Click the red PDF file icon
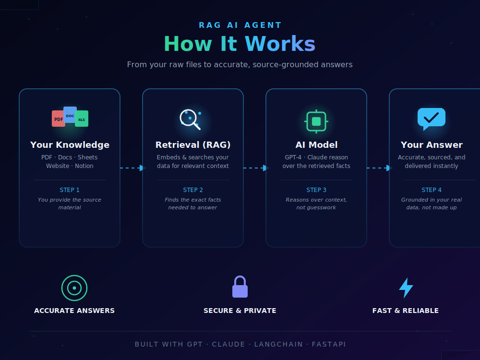pos(58,119)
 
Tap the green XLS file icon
pos(82,119)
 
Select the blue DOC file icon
pos(70,115)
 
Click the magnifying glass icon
pos(191,120)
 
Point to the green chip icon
pos(316,121)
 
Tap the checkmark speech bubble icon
pos(432,119)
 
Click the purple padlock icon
pos(240,287)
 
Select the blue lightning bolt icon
pos(406,288)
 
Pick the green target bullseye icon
pos(74,288)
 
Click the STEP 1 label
pos(70,190)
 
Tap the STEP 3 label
pos(316,190)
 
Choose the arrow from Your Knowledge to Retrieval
pos(132,168)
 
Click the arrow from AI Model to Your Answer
pos(379,168)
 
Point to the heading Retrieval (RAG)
pos(193,145)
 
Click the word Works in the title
pos(280,44)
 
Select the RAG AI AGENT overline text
pos(240,25)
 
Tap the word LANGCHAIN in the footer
pos(278,344)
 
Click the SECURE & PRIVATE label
pos(240,311)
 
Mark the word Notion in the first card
pos(84,166)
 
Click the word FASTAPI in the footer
pos(329,344)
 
